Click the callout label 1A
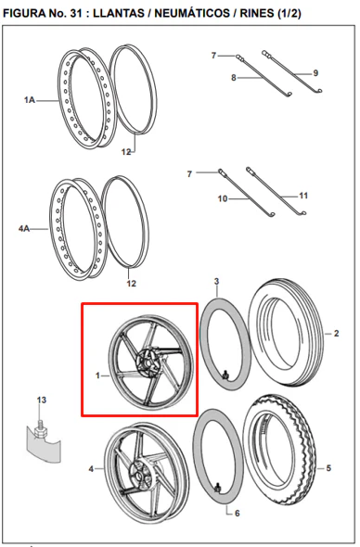pos(30,100)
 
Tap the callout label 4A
pos(24,229)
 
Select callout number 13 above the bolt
pos(42,400)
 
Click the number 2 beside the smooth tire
pos(336,334)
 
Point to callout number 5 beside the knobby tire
pos(328,468)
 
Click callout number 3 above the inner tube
pos(216,281)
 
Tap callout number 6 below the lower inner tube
pos(238,514)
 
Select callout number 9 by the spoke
pos(315,73)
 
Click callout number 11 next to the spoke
pos(303,196)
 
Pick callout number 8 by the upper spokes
pos(234,78)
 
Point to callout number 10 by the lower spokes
pos(223,198)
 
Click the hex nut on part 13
pos(40,431)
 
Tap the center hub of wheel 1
pos(149,363)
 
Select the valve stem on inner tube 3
pos(225,375)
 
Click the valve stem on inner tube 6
pos(217,489)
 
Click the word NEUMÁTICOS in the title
pos(192,13)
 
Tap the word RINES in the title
pos(256,13)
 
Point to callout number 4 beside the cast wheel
pos(91,469)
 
